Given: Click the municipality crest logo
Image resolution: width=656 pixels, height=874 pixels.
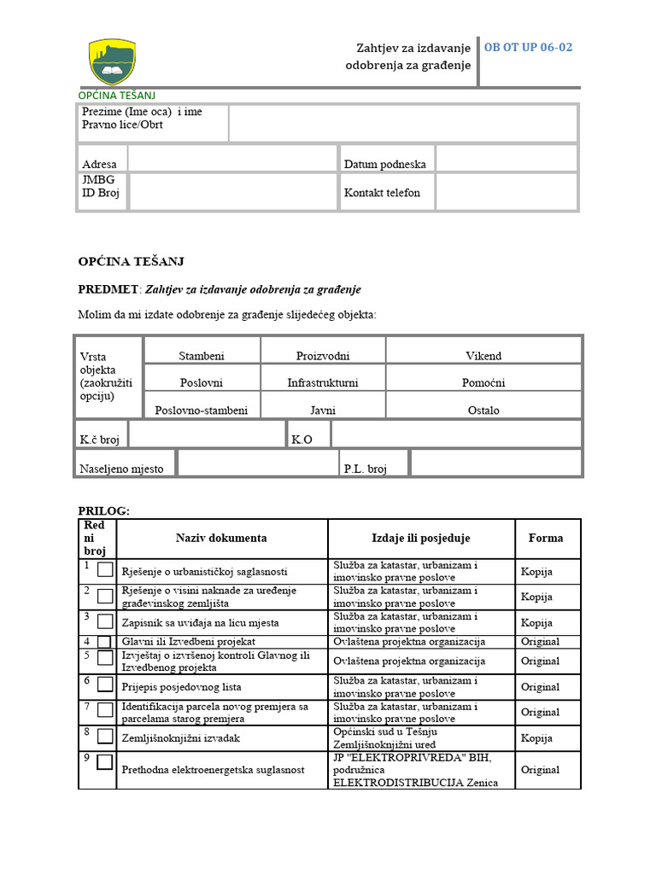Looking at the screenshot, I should pos(113,61).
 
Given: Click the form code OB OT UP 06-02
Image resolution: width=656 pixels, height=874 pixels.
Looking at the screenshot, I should pos(528,48).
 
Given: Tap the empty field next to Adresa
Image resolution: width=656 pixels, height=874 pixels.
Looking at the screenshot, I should pos(232,158).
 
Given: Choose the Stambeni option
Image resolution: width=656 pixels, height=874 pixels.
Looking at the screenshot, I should pos(202,356).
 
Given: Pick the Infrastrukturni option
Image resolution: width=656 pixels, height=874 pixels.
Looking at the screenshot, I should pos(323,383).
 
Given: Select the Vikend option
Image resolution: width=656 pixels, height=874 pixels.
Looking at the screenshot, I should pos(483,356).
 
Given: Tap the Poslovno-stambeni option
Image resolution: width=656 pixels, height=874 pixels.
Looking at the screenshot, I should pos(202,411).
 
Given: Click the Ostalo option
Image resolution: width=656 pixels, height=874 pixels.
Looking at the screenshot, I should pos(483,411).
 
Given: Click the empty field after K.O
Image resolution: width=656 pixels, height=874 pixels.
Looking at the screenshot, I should pos(455,434).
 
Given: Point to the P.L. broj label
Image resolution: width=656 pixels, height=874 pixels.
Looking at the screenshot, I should pos(366,469).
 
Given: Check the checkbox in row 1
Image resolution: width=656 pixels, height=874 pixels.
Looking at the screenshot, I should pos(105,571).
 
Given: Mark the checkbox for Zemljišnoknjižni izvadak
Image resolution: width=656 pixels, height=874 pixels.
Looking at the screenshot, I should pos(105,737).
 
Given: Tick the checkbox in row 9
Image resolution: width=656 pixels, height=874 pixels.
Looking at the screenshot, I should pos(105,762).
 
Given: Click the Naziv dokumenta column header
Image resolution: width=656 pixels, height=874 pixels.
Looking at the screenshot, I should pos(221,539).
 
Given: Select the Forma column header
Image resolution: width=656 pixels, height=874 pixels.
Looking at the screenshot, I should pos(546,539).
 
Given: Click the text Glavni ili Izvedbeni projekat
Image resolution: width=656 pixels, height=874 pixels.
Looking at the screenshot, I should pos(189,642).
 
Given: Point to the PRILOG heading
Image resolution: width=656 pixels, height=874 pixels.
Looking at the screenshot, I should pos(103,510).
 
